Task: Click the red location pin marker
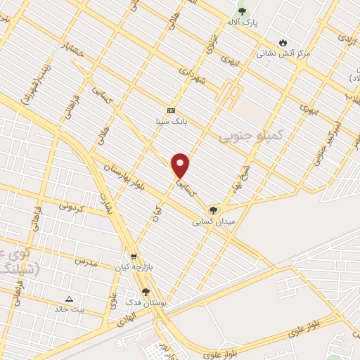[x=181, y=165]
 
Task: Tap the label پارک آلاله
[x=243, y=22]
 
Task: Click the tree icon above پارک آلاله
[x=243, y=11]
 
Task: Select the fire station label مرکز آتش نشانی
[x=283, y=53]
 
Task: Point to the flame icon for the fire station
[x=283, y=42]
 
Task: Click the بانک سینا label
[x=171, y=121]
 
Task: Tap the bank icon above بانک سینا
[x=171, y=110]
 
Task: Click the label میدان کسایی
[x=212, y=221]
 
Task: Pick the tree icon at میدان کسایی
[x=212, y=210]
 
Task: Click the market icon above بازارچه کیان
[x=134, y=257]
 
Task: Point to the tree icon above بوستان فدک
[x=146, y=292]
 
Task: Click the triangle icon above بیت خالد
[x=69, y=298]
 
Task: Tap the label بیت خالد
[x=69, y=309]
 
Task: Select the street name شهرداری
[x=191, y=81]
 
